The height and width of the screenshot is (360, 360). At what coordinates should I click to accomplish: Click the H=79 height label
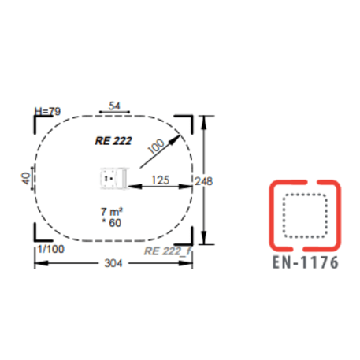(47, 111)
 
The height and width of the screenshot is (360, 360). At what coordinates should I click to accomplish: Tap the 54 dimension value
(114, 106)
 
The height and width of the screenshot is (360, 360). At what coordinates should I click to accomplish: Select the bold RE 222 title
(113, 141)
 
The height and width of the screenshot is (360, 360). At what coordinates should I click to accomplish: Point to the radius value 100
(156, 147)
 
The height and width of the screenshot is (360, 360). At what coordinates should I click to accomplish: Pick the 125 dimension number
(161, 180)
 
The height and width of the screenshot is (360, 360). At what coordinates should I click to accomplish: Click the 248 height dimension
(203, 181)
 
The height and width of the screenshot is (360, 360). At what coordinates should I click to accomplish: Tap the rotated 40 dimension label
(26, 178)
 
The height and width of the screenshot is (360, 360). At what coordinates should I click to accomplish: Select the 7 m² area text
(112, 211)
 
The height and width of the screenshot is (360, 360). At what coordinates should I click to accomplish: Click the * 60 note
(112, 223)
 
